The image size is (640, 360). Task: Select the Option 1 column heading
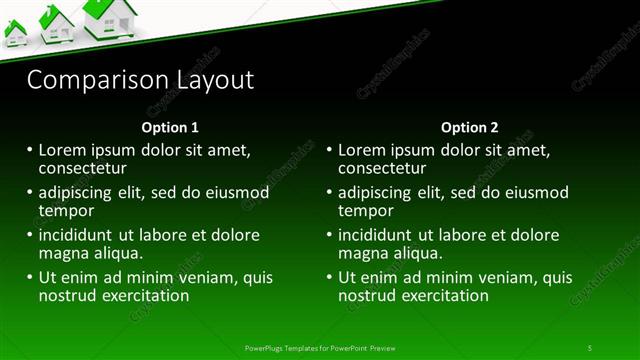170,128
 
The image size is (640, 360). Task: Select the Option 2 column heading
469,128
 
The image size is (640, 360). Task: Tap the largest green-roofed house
109,18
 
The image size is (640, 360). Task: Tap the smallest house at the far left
15,34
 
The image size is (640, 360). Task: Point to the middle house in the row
56,25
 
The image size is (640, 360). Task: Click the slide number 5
590,348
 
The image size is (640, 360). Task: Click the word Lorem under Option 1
61,150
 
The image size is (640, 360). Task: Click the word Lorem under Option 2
361,150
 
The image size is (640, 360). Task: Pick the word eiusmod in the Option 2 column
539,193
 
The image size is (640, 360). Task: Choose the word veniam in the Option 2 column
495,278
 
